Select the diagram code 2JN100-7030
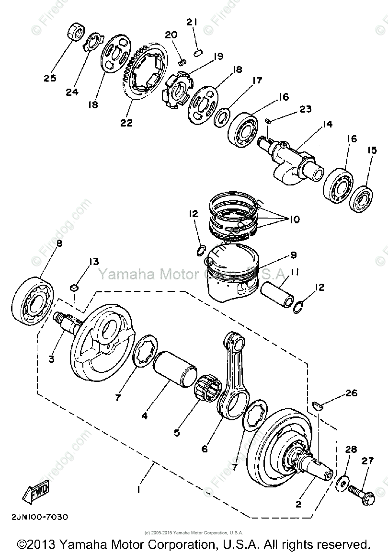click(38, 517)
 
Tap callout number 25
click(50, 78)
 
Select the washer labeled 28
click(343, 482)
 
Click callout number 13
click(93, 262)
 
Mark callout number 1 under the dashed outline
click(138, 490)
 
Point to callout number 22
click(126, 123)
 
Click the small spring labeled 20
click(182, 61)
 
